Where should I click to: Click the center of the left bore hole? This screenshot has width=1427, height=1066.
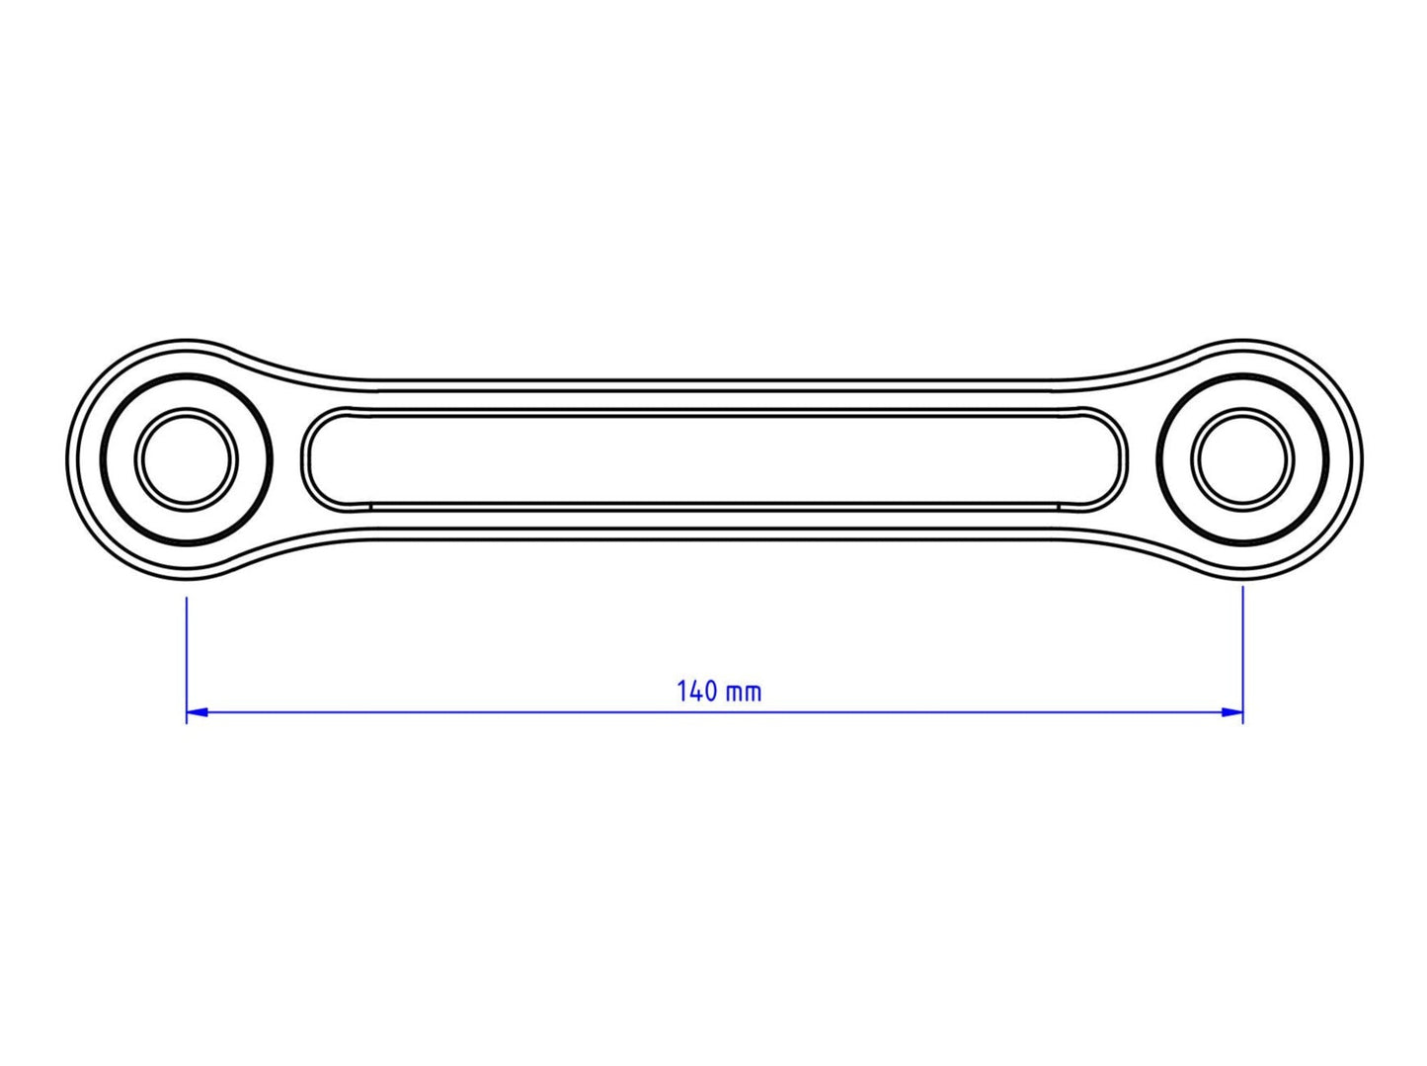[x=187, y=459]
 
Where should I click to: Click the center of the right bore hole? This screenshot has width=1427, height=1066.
[x=1242, y=459]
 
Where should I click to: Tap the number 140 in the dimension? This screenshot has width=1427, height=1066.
[x=696, y=691]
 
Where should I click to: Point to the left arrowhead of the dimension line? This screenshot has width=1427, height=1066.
[x=195, y=711]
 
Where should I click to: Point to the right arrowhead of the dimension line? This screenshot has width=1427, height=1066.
[x=1234, y=711]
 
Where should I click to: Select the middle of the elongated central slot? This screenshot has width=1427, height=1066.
[x=714, y=459]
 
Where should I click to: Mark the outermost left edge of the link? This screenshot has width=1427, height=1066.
[x=67, y=459]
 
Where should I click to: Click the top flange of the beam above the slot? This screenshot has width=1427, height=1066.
[x=714, y=396]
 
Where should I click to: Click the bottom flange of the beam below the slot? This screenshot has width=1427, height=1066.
[x=714, y=524]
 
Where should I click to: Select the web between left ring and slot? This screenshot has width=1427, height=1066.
[x=285, y=459]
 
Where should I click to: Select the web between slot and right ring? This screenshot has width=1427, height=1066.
[x=1143, y=459]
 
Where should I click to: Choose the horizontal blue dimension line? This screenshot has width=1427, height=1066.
[x=494, y=711]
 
